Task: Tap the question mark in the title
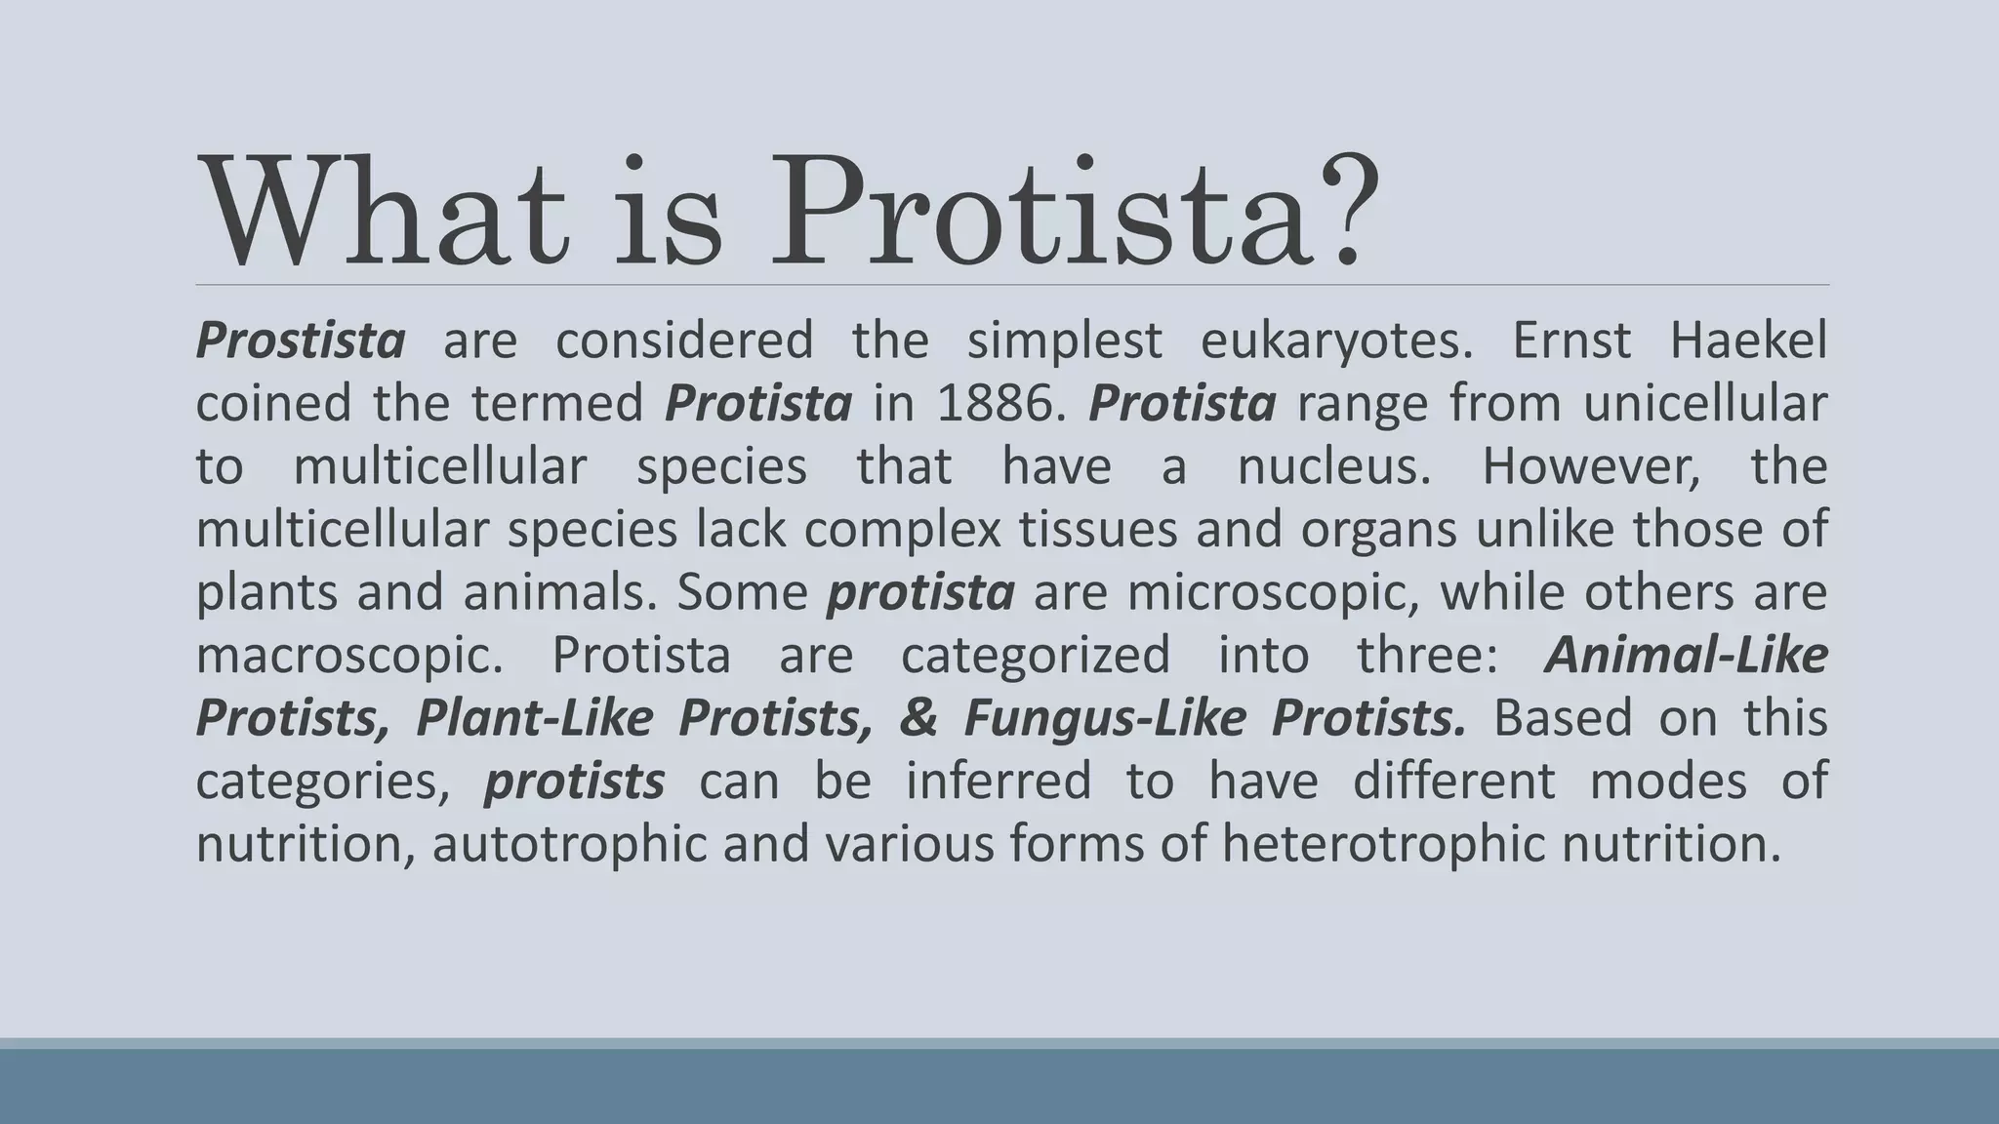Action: tap(1350, 210)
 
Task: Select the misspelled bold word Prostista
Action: tap(301, 341)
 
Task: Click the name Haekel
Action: tap(1748, 341)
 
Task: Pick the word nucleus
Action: tap(1333, 466)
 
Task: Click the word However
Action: tap(1591, 466)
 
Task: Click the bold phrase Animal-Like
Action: tap(1686, 655)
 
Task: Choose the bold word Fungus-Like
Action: tap(1104, 719)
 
